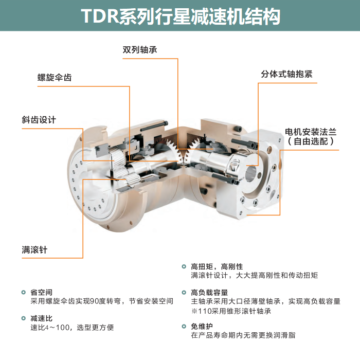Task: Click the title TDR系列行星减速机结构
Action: tap(181, 16)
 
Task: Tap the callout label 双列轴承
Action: tap(140, 50)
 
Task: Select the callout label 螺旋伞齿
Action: tap(55, 77)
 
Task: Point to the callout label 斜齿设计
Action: tap(39, 120)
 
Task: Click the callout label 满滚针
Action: tap(34, 249)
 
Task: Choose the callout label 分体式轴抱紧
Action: tap(287, 74)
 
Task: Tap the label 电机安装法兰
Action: tap(311, 132)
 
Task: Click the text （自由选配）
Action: tap(311, 141)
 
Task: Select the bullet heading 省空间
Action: tap(42, 292)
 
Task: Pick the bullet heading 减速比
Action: tap(42, 318)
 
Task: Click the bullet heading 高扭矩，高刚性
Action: tap(217, 266)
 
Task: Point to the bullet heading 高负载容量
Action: tap(209, 293)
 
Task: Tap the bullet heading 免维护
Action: tap(202, 326)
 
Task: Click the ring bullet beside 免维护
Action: tap(184, 326)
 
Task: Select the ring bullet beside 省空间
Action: tap(24, 292)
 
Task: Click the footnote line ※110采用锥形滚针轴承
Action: tap(231, 311)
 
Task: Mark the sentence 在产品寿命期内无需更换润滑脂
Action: tap(243, 335)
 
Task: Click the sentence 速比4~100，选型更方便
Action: tap(72, 328)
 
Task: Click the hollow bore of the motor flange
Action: tap(251, 173)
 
